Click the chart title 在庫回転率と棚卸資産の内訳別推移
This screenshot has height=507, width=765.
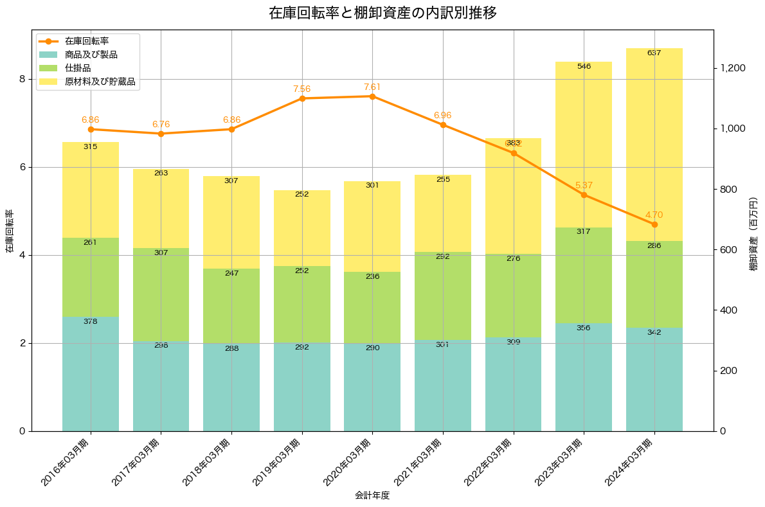tap(382, 13)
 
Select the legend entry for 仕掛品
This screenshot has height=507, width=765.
tap(78, 68)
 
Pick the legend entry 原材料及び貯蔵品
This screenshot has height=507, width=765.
tap(100, 82)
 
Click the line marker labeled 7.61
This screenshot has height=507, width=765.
tap(372, 96)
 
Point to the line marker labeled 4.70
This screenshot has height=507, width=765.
tap(654, 224)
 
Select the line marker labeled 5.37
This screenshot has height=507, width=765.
tap(584, 195)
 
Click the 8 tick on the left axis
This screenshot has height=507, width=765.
tap(22, 79)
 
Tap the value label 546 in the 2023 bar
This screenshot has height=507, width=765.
tap(584, 66)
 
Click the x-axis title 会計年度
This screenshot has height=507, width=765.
tap(372, 495)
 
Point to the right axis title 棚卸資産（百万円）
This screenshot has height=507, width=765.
tap(753, 231)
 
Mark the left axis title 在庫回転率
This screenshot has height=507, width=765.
tap(9, 231)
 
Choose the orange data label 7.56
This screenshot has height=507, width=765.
tap(301, 89)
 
